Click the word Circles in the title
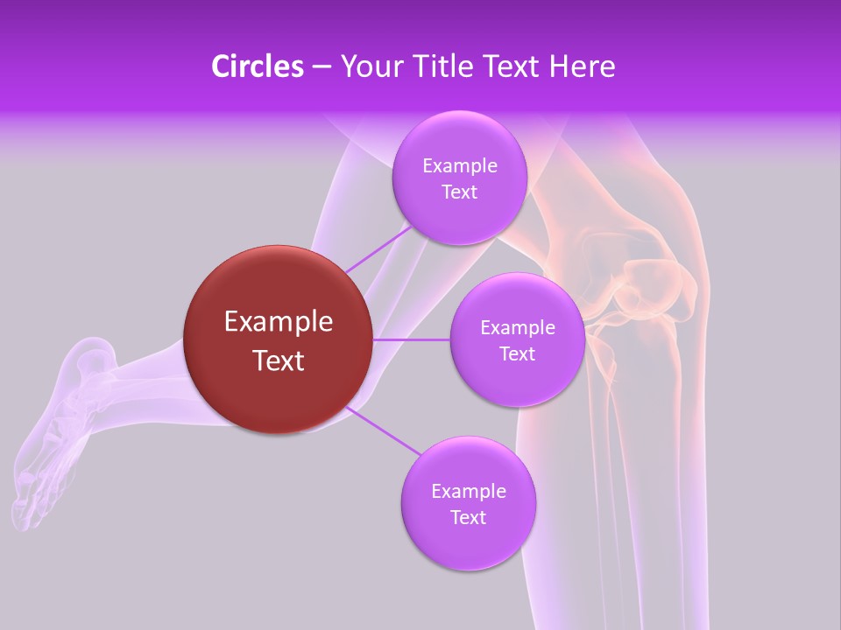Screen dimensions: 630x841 pyautogui.click(x=257, y=66)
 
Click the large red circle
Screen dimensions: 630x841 pyautogui.click(x=279, y=339)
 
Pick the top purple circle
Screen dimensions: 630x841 pyautogui.click(x=459, y=178)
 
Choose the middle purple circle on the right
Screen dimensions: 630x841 pyautogui.click(x=517, y=340)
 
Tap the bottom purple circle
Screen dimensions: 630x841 pyautogui.click(x=468, y=504)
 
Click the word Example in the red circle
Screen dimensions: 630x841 pyautogui.click(x=279, y=322)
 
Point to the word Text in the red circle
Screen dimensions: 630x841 pyautogui.click(x=279, y=360)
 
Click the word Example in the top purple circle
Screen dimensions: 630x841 pyautogui.click(x=459, y=166)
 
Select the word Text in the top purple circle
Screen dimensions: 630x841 pyautogui.click(x=459, y=192)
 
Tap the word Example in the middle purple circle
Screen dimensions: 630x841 pyautogui.click(x=517, y=328)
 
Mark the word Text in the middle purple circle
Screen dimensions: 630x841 pyautogui.click(x=517, y=354)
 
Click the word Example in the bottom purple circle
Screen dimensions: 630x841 pyautogui.click(x=468, y=492)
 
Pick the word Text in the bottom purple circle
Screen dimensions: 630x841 pyautogui.click(x=468, y=518)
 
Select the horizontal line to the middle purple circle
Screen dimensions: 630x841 pyautogui.click(x=411, y=339)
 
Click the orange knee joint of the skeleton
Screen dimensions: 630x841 pyautogui.click(x=644, y=289)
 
